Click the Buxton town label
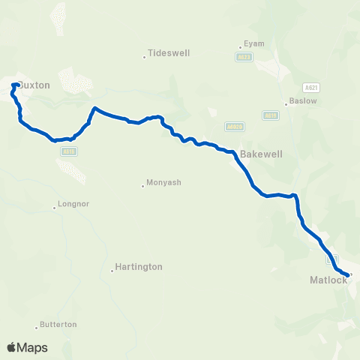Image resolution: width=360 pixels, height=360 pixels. (x=34, y=85)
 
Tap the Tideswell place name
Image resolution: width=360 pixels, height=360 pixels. (x=169, y=54)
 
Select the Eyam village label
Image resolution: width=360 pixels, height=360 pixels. (x=254, y=44)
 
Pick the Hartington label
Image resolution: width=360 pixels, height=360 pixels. (x=139, y=266)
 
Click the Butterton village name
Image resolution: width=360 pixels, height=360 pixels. (x=59, y=325)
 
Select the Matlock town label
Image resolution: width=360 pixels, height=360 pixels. (x=328, y=280)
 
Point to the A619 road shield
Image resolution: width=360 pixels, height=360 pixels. (x=271, y=115)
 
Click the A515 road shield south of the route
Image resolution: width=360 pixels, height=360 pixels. (x=67, y=151)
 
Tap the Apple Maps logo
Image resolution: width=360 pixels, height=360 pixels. (x=27, y=347)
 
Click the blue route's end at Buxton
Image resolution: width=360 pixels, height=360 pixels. (x=16, y=84)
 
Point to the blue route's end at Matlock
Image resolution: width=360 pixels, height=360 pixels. (x=349, y=275)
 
